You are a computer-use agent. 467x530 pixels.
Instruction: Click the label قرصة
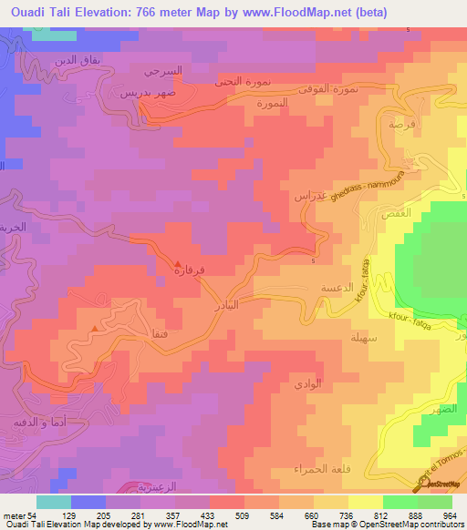point(397,122)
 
